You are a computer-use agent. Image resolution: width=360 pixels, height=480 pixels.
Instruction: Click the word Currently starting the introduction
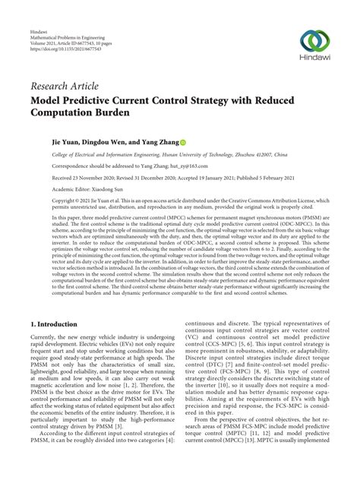click(43, 356)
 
